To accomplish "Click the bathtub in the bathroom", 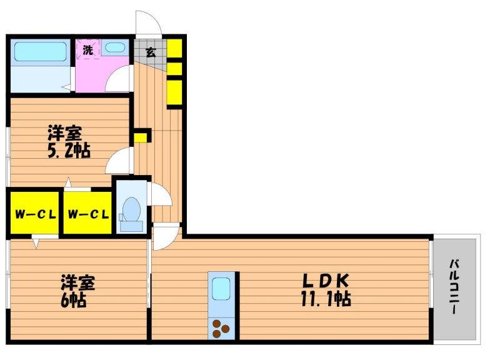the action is [40, 51].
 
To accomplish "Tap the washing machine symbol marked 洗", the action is [88, 49].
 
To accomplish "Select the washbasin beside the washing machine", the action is [115, 47].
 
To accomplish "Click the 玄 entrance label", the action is [151, 52].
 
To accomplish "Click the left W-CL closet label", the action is [36, 214].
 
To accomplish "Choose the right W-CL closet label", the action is [88, 214].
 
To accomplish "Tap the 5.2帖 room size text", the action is [69, 150].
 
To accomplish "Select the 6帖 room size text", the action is [73, 300].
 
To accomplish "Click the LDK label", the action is [326, 281].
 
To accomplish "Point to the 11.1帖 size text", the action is [326, 299].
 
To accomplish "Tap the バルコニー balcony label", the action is [454, 287].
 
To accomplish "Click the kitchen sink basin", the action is [221, 289].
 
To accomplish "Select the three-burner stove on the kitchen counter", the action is [221, 328].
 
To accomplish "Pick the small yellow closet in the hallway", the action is [140, 137].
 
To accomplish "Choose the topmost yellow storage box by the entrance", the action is [174, 48].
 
